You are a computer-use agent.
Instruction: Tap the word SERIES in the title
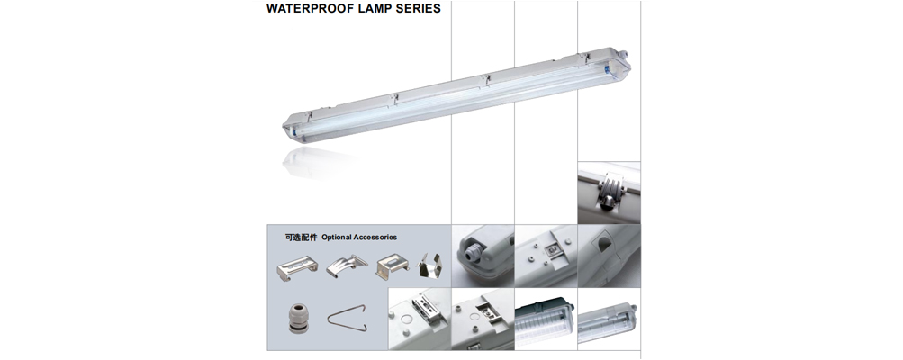(415, 10)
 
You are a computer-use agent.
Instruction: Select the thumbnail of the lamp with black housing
(545, 323)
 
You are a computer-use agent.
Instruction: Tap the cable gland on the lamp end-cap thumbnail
(469, 256)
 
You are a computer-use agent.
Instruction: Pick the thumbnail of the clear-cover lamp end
(609, 323)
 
